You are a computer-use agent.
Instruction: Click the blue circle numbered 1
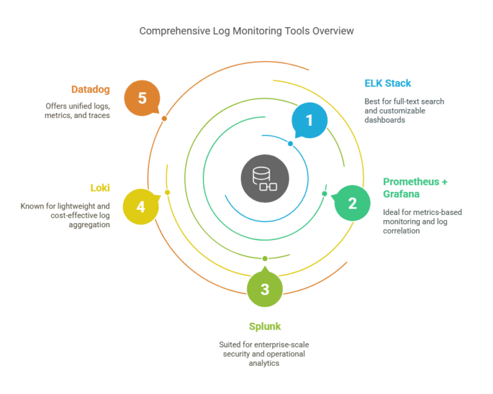(x=309, y=120)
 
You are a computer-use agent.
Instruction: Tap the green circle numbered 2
(x=352, y=203)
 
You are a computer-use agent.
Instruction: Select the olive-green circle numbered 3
(x=264, y=289)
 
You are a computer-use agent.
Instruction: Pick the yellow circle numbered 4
(x=140, y=207)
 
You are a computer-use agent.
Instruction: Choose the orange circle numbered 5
(x=142, y=98)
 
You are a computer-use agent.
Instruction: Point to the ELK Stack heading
(x=388, y=83)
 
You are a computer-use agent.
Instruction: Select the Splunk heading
(x=265, y=327)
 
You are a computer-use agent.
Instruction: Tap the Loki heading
(x=99, y=188)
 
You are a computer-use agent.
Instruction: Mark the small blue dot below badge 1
(x=290, y=144)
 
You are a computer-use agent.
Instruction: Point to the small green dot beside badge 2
(x=324, y=193)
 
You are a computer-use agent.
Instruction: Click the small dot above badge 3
(x=264, y=258)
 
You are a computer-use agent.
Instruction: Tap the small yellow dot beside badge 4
(x=167, y=193)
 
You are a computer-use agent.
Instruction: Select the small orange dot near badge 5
(x=164, y=119)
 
